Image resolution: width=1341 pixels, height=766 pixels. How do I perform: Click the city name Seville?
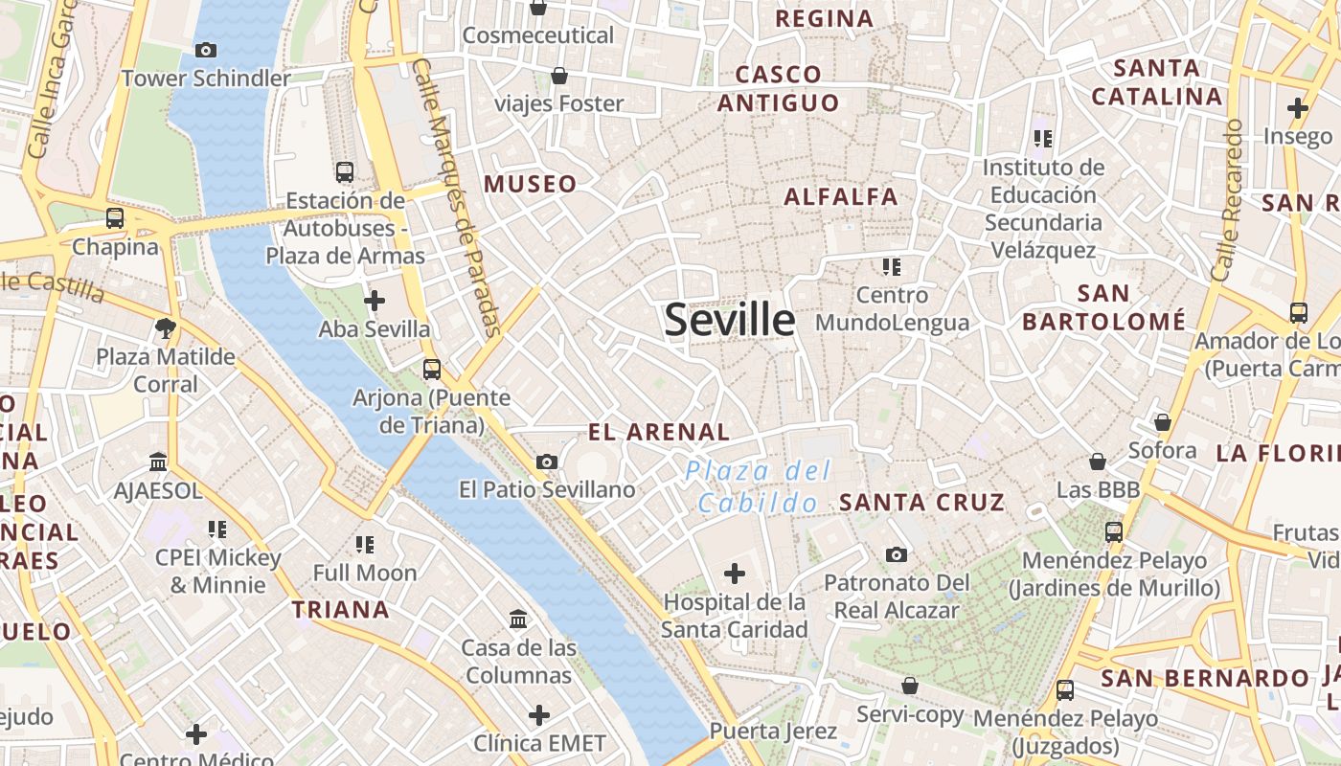[729, 320]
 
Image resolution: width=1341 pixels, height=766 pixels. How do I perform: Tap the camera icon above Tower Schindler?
[205, 50]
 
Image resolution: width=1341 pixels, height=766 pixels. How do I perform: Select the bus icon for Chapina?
[115, 218]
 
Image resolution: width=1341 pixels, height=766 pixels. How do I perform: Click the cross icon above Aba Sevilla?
[375, 302]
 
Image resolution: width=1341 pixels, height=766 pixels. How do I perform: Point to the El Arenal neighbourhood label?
[659, 432]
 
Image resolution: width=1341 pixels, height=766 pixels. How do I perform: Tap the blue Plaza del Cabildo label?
[758, 486]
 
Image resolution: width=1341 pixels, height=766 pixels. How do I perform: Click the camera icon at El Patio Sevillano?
[547, 462]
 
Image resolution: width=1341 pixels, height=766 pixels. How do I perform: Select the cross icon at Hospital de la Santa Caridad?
[734, 574]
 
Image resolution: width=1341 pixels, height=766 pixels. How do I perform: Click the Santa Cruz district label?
[921, 502]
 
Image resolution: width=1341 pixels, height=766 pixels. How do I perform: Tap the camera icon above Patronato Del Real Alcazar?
[897, 554]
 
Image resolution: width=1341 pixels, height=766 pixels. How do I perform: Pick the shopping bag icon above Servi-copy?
[910, 686]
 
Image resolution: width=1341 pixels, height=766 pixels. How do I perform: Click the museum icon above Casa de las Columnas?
[518, 620]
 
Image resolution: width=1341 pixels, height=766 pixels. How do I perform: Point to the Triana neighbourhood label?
[341, 609]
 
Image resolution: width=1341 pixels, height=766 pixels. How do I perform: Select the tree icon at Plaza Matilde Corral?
[166, 328]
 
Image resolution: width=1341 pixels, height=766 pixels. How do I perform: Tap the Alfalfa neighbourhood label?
[841, 197]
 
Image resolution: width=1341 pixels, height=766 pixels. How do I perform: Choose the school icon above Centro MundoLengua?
[892, 266]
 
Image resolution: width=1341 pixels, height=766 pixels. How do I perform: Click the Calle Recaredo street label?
[1227, 200]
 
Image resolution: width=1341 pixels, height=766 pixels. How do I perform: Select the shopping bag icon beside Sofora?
[1163, 422]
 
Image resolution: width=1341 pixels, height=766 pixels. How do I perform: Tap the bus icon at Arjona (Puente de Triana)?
[432, 369]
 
